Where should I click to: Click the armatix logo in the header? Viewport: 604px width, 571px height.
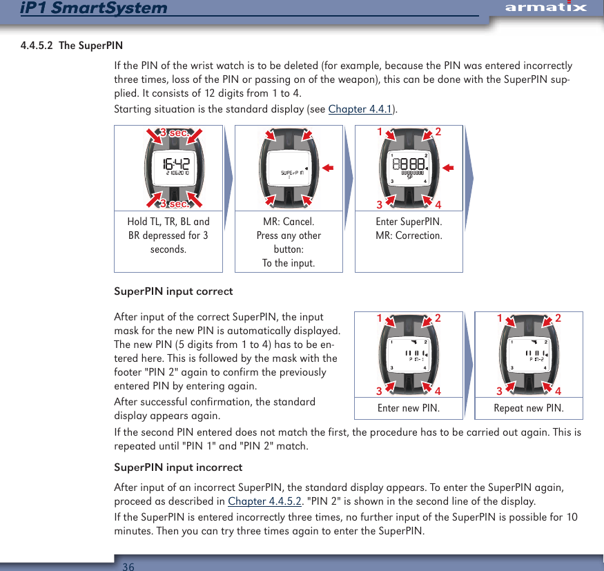(545, 8)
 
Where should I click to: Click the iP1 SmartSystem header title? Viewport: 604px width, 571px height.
(84, 8)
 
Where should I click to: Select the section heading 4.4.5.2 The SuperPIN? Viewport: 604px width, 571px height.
(72, 46)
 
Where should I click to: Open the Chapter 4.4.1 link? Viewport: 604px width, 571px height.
(360, 109)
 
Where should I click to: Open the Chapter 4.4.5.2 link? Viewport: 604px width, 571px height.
(264, 501)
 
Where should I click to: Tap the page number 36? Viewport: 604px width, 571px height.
(128, 566)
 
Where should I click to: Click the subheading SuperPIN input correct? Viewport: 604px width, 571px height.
(173, 291)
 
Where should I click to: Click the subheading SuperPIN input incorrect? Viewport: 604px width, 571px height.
(178, 467)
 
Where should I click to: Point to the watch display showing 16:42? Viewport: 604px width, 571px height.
(175, 166)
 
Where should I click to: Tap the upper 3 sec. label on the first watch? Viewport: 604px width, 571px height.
(174, 133)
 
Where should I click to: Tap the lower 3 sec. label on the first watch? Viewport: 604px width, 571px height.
(174, 204)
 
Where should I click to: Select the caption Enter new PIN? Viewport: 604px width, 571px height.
(408, 408)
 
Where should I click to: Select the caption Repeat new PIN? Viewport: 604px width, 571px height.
(529, 408)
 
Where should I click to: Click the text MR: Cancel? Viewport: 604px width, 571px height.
(289, 222)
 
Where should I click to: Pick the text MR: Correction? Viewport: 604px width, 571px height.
(409, 235)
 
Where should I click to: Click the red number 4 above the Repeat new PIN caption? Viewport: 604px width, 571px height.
(557, 391)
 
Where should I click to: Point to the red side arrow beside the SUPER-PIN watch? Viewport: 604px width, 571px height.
(328, 167)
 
